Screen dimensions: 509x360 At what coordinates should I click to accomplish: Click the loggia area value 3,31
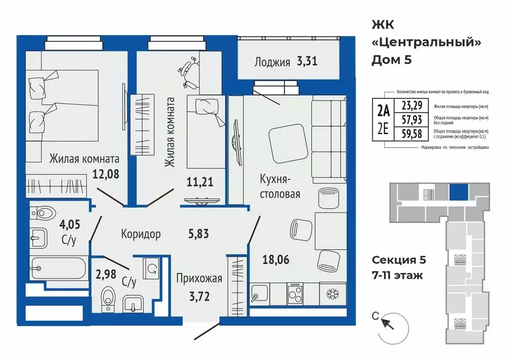307,61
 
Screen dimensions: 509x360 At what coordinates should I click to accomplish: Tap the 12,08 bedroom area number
106,174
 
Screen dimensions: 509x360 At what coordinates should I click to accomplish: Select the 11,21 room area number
200,182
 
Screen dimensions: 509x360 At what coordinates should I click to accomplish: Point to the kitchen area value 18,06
276,259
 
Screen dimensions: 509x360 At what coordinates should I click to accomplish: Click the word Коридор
141,234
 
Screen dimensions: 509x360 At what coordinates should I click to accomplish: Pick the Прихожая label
200,279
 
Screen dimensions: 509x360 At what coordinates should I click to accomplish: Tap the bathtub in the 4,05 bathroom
58,268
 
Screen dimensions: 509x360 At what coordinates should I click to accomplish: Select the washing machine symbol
151,269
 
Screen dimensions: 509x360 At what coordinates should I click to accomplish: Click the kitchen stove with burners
295,293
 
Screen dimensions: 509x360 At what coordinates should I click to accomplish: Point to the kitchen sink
260,293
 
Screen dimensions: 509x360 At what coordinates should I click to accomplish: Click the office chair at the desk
188,72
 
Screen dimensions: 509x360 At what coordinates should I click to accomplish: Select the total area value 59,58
411,133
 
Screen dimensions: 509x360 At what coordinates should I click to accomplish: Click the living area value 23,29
411,106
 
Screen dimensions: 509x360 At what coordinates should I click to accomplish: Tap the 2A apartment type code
383,112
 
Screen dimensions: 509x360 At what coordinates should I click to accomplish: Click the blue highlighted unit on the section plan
459,192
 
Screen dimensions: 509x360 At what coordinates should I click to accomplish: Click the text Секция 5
399,260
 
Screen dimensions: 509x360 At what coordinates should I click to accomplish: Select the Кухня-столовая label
280,187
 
